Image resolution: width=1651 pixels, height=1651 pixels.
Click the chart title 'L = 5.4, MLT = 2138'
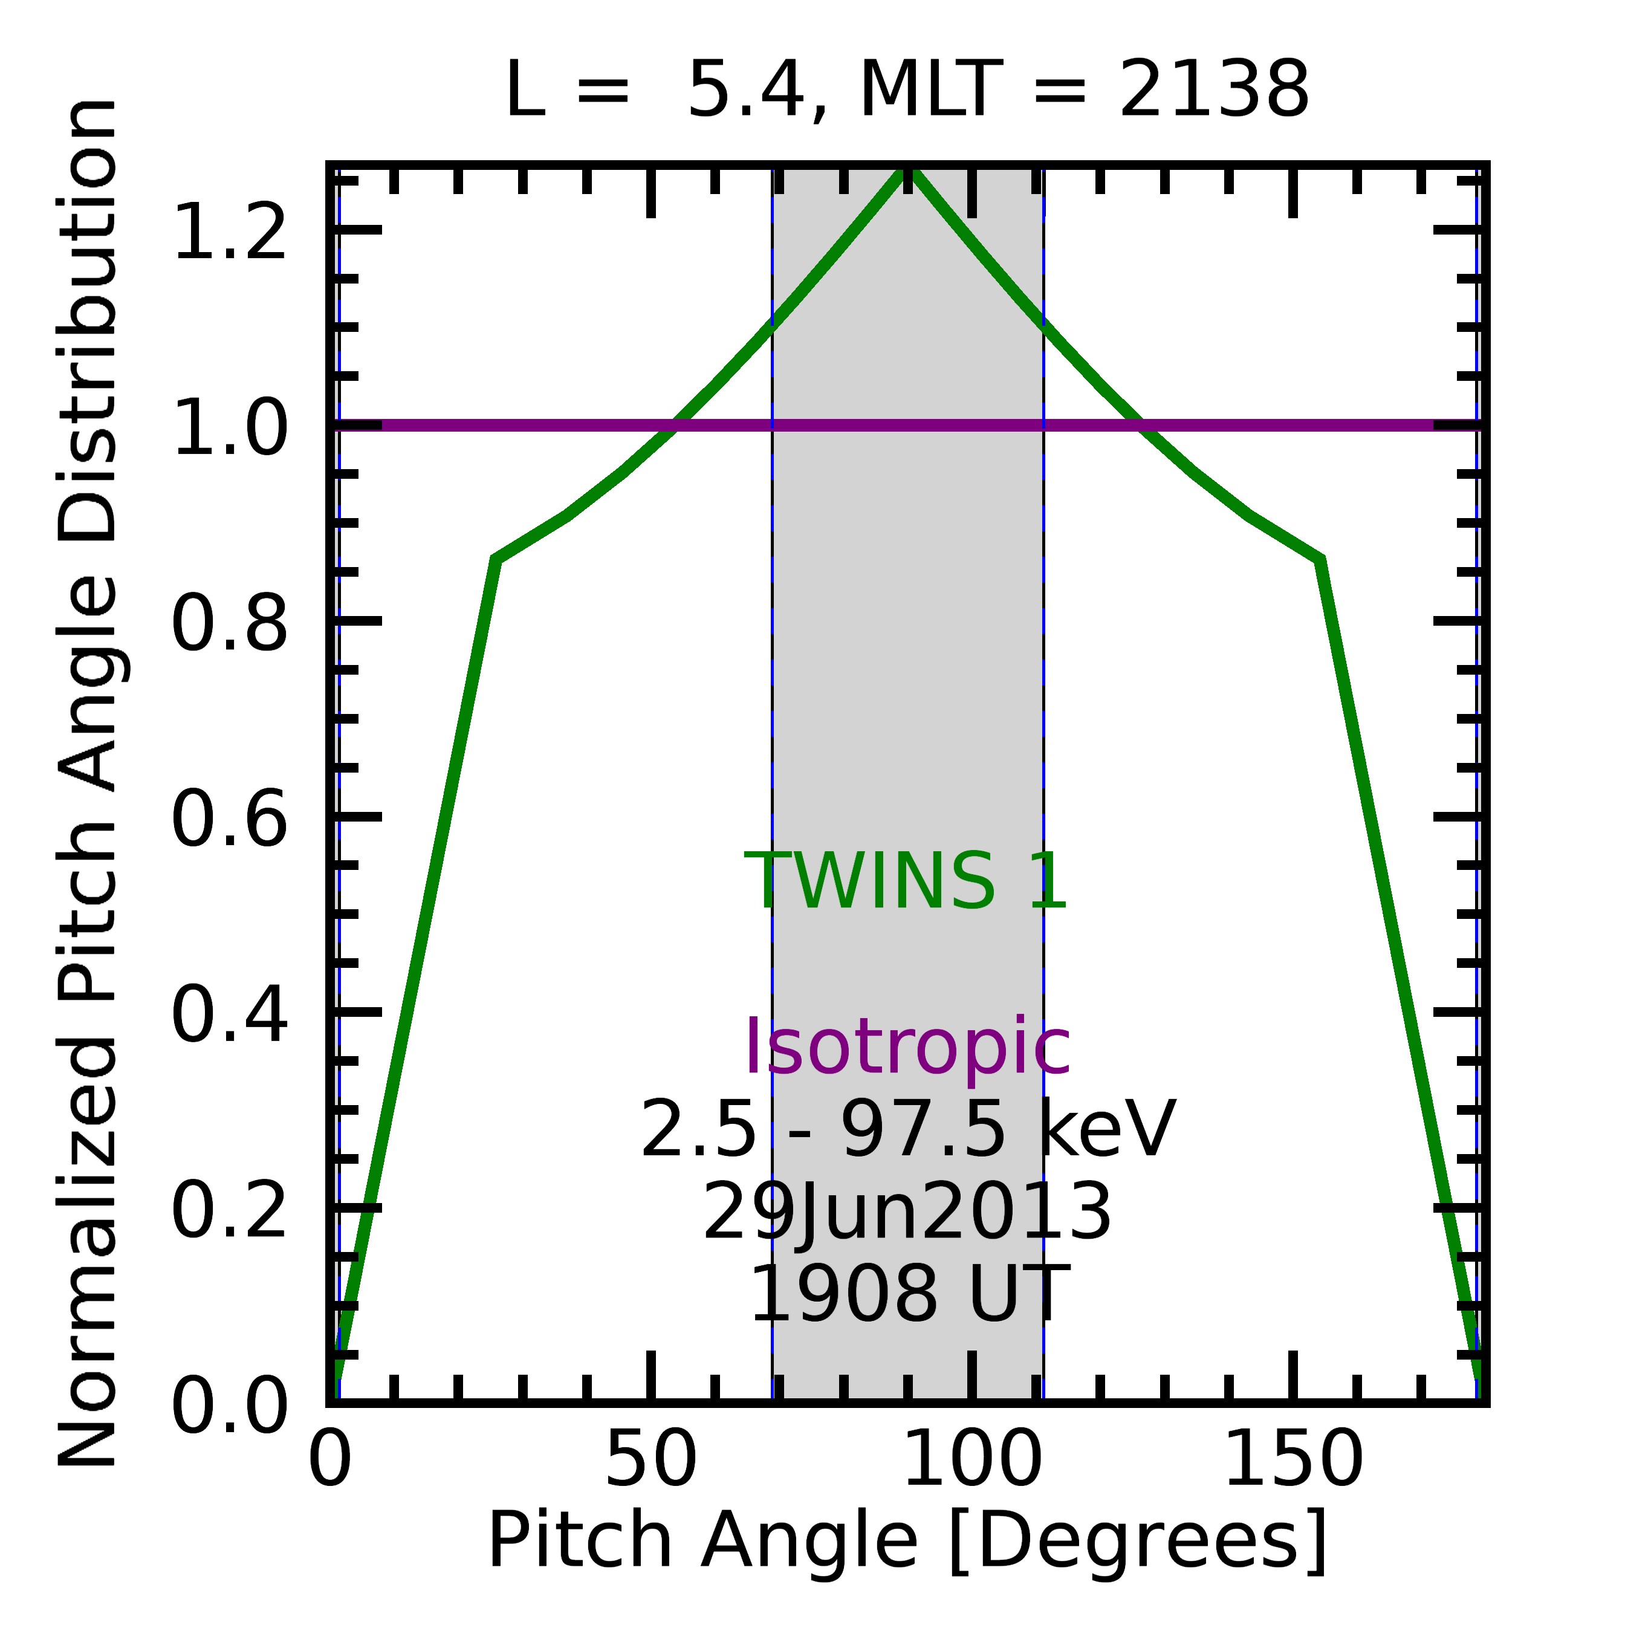[x=907, y=91]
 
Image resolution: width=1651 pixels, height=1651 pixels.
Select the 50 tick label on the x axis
[x=651, y=1461]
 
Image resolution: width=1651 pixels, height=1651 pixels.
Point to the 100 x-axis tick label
[x=971, y=1461]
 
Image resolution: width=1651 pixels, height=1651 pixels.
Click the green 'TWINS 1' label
[x=906, y=882]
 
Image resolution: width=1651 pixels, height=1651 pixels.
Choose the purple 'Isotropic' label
[x=907, y=1048]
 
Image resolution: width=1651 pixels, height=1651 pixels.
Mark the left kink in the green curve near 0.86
[x=496, y=560]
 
